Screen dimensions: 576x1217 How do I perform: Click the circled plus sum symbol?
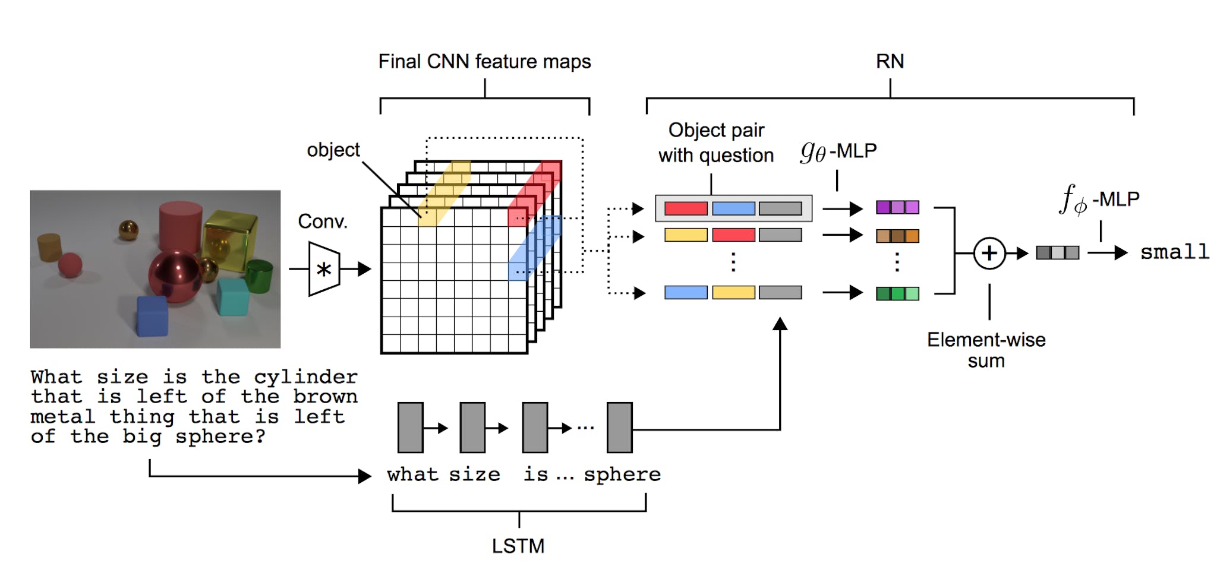coord(989,253)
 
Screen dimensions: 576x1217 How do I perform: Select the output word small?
coord(1174,252)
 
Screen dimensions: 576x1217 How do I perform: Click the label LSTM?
coord(518,546)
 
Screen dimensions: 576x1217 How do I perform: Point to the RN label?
coord(890,61)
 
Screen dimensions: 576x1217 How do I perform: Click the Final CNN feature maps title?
coord(484,62)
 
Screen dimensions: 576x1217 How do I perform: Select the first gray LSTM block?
coord(411,428)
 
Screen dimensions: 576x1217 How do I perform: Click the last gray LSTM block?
coord(619,428)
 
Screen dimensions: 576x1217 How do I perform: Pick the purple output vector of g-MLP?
coord(897,207)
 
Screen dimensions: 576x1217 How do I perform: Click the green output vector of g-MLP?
coord(897,293)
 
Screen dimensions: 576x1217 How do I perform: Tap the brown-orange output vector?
coord(897,236)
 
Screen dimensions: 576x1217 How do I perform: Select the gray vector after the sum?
coord(1057,253)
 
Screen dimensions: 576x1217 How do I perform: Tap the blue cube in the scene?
coord(153,315)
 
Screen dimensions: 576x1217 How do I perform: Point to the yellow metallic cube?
coord(230,240)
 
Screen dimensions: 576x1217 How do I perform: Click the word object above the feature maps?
coord(333,150)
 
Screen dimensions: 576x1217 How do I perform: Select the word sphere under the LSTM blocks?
coord(622,474)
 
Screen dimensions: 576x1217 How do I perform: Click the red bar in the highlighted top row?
coord(686,208)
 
